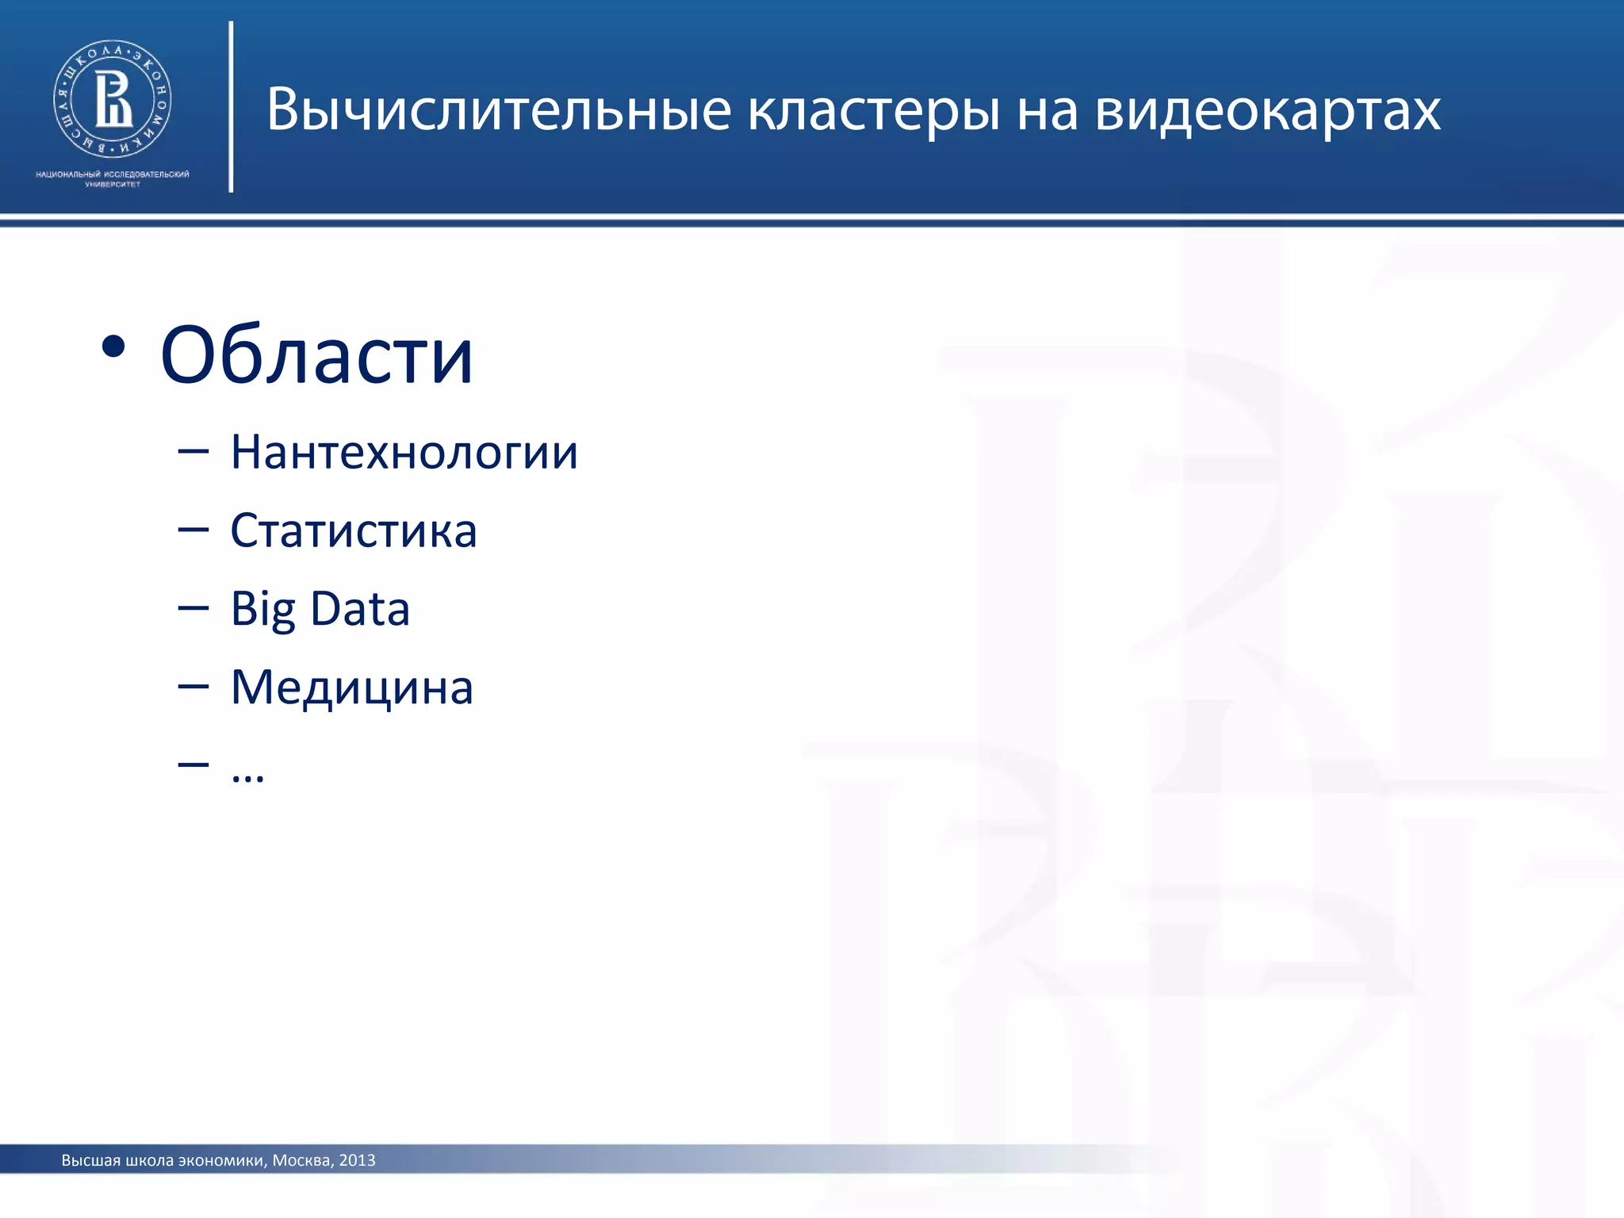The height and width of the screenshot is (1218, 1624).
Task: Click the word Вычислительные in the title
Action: (x=498, y=110)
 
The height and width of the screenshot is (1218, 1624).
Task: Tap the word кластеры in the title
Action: (x=873, y=110)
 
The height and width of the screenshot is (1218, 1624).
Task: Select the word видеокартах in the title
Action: (x=1267, y=110)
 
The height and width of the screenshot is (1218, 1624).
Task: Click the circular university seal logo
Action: (x=113, y=98)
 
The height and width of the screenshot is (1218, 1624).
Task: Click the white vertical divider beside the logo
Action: (x=231, y=106)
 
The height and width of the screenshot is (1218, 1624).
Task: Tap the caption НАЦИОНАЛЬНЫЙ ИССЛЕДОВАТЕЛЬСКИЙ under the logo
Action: (x=113, y=174)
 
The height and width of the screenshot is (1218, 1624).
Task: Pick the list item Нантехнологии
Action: (x=404, y=452)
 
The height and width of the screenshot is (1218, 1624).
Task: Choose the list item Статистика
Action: (x=354, y=530)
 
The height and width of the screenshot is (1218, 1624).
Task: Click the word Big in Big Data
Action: (x=262, y=609)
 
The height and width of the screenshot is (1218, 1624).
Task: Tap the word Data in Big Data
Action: (x=360, y=608)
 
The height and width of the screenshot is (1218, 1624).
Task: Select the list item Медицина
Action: (x=352, y=687)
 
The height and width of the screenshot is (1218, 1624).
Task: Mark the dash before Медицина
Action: (x=193, y=686)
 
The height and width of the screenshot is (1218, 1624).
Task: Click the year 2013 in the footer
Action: (x=357, y=1160)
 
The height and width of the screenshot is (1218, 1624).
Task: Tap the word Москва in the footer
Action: (x=301, y=1160)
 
